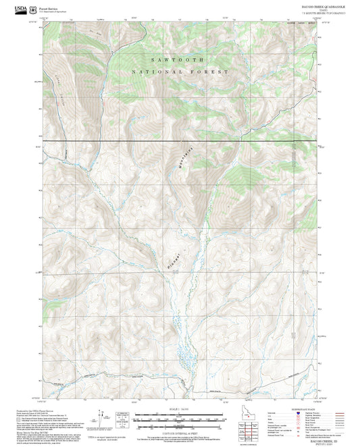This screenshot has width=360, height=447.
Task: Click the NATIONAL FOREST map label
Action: pos(180,71)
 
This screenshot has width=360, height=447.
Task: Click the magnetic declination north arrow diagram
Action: pos(102,419)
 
